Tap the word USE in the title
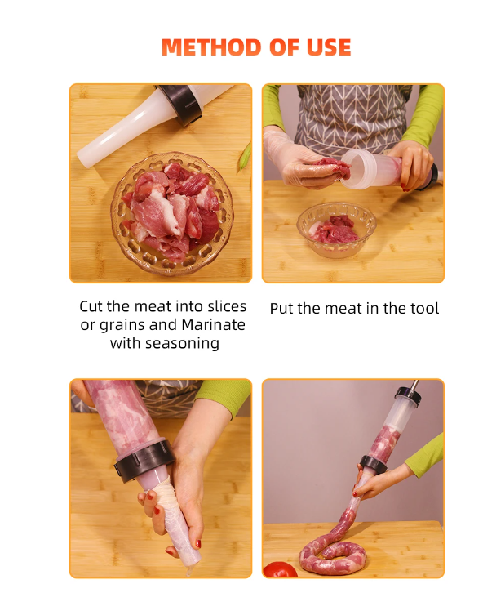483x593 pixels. tap(329, 47)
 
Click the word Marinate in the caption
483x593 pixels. tap(214, 325)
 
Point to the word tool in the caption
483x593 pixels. tap(424, 308)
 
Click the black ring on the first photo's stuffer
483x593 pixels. tap(181, 104)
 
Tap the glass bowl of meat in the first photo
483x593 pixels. tap(172, 214)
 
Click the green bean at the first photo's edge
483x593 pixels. tap(245, 156)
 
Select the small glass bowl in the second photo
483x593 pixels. tap(336, 230)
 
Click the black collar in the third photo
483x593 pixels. tap(144, 460)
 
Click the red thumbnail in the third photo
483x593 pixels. tap(198, 544)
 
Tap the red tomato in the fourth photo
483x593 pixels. tap(280, 570)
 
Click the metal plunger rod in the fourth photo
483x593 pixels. tap(414, 386)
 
